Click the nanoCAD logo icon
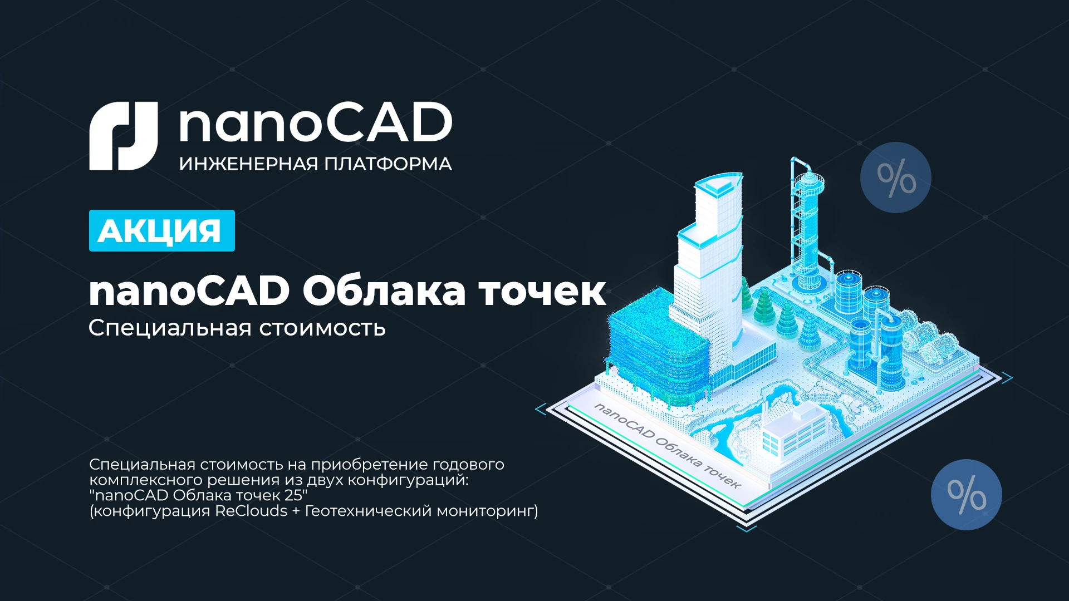124,136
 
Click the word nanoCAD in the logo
315,124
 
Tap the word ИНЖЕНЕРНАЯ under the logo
248,164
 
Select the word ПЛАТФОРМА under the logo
388,164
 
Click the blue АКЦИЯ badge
161,230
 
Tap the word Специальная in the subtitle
170,328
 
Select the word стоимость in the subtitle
322,328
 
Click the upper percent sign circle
895,178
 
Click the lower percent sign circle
966,494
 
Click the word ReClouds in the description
251,511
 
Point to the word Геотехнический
367,511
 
